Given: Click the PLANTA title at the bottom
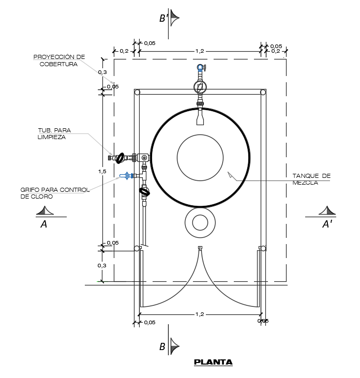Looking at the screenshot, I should [213, 362].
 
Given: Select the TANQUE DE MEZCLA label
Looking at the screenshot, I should [311, 179].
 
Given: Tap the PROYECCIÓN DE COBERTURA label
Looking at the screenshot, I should [59, 61].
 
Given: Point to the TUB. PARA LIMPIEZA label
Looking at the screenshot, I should [54, 133].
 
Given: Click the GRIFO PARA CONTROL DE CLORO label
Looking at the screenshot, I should [55, 193].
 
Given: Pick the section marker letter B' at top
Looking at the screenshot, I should [163, 19].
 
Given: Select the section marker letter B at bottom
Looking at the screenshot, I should [162, 347].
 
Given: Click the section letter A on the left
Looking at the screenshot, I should [44, 224].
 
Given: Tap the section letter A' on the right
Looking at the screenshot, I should [327, 224].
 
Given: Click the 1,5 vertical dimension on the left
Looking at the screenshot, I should [102, 171].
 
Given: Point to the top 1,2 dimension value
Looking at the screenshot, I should [200, 51].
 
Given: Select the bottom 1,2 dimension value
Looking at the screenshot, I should [200, 314].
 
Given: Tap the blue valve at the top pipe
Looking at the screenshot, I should [200, 67].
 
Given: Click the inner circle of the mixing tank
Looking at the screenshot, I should [200, 158].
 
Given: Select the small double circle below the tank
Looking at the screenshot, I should [200, 223].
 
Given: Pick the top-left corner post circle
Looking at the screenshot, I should [137, 92].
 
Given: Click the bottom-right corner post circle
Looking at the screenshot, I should [263, 248].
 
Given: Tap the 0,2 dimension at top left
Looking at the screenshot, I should [124, 51].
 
